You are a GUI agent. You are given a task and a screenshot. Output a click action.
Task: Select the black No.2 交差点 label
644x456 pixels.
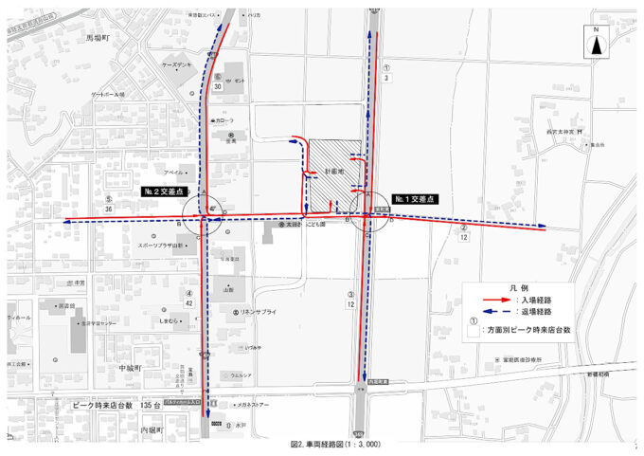[x=165, y=191]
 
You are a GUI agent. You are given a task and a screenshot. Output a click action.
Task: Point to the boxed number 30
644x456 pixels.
[x=219, y=86]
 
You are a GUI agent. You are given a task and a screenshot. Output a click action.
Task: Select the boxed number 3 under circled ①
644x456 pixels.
[x=387, y=79]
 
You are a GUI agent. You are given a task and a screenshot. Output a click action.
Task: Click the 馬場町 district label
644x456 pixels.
[x=98, y=38]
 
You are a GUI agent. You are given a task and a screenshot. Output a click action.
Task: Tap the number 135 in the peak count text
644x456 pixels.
[x=147, y=405]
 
